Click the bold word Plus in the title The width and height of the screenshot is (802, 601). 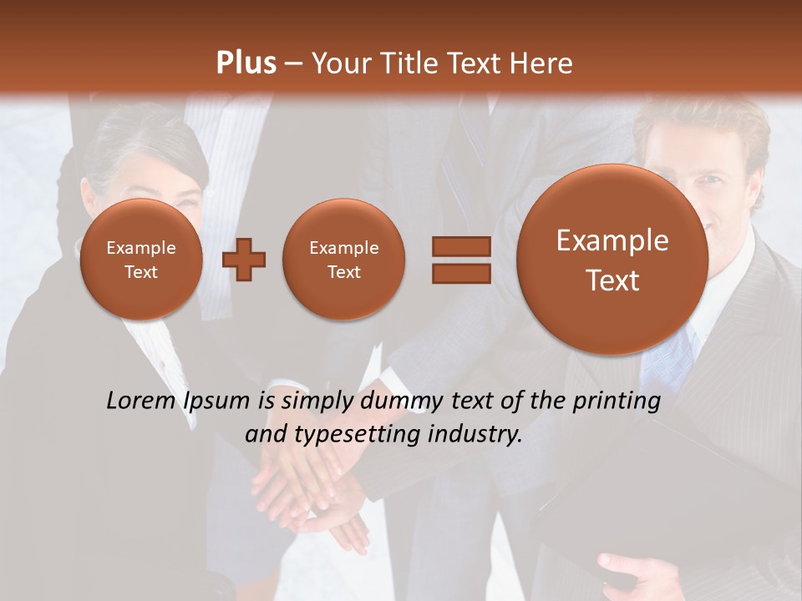(246, 63)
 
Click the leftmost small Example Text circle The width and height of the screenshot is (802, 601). (141, 260)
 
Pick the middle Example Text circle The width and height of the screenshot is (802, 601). (343, 260)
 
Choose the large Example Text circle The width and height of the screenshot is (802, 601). (612, 260)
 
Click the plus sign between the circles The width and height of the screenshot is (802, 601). (244, 260)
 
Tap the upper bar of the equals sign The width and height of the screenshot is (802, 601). (460, 246)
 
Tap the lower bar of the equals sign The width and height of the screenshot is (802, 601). (460, 274)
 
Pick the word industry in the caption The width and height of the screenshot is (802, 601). (476, 435)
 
